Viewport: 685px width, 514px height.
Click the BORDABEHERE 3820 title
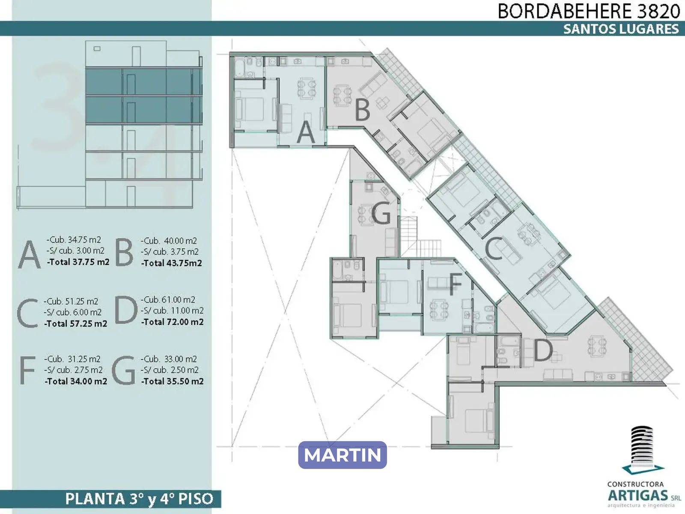[589, 11]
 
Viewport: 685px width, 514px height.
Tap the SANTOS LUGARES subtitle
[621, 29]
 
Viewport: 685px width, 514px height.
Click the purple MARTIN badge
[342, 455]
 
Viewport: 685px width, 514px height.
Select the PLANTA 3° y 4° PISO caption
[139, 499]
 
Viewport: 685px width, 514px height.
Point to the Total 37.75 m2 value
[78, 262]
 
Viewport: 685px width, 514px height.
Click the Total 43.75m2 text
[171, 263]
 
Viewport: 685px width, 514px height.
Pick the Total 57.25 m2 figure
[75, 324]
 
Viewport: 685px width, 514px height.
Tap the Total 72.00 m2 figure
[172, 322]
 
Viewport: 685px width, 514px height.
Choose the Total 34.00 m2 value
[76, 381]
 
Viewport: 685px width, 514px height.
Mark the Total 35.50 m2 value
[172, 381]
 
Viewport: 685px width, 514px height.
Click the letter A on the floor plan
[305, 132]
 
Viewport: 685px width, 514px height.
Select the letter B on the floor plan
[362, 110]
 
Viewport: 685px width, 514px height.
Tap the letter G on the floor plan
[381, 213]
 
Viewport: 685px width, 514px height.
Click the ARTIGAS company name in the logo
[638, 495]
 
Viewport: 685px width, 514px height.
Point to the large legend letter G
[124, 371]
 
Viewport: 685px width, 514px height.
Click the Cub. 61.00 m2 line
[168, 300]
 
